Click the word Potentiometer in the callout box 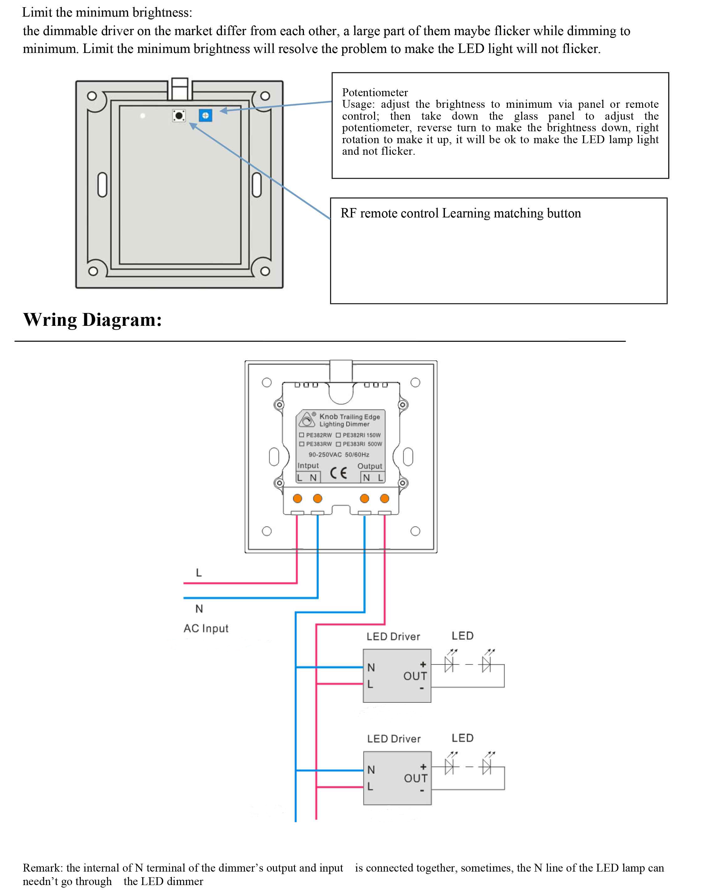(x=375, y=92)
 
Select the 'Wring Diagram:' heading (x=92, y=320)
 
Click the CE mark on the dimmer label (x=338, y=473)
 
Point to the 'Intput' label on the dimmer (x=308, y=465)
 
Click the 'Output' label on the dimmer (x=369, y=466)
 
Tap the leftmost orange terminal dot (x=297, y=498)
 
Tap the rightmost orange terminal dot (x=384, y=498)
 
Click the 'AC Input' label (x=206, y=628)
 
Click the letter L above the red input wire (x=198, y=572)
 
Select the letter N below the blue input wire (x=199, y=608)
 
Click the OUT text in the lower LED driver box (x=415, y=778)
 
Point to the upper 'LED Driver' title (x=393, y=636)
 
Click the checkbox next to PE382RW (x=302, y=435)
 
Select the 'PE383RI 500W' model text (x=362, y=444)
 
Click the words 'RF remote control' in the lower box (x=389, y=214)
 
